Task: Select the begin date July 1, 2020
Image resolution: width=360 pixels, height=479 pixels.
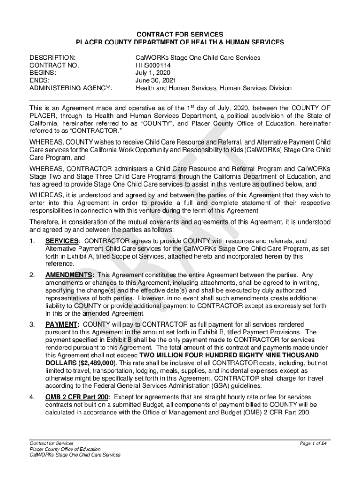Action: tap(153, 73)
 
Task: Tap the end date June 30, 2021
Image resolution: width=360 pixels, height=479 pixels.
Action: tap(155, 80)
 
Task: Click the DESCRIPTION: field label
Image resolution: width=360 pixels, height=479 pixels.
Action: tap(52, 58)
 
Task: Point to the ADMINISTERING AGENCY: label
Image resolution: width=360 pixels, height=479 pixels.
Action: tap(71, 88)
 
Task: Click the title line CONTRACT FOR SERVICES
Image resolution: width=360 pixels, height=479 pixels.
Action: tap(180, 35)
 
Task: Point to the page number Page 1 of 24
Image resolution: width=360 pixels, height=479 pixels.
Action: tap(313, 443)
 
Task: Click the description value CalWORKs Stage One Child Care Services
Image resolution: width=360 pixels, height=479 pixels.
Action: tap(198, 58)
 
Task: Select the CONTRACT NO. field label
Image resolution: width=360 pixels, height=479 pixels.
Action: tap(54, 65)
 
